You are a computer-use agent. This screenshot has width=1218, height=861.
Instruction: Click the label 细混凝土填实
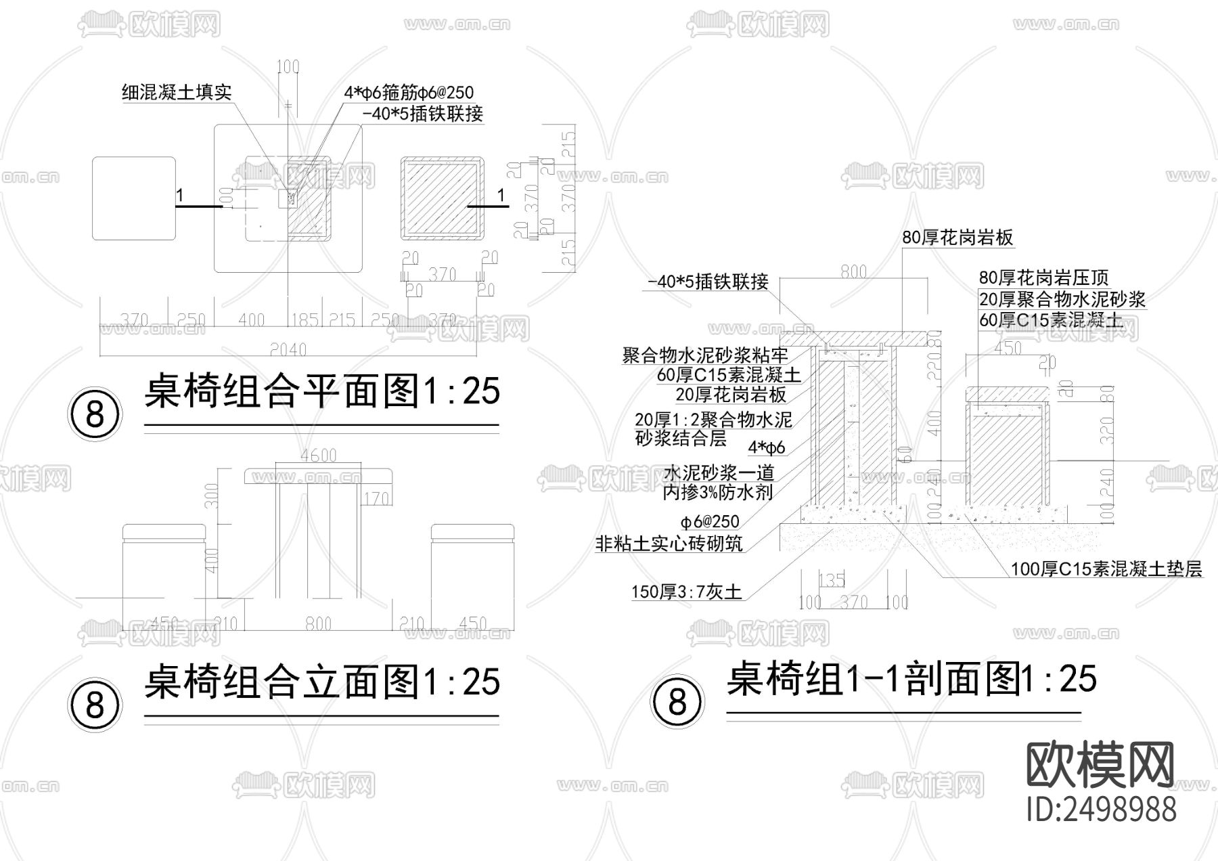click(177, 92)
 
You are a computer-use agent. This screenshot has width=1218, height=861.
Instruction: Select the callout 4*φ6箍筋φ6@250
click(408, 93)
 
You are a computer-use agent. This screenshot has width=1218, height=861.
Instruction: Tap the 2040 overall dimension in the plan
click(288, 349)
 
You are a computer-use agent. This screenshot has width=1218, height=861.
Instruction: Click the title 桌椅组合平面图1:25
click(322, 392)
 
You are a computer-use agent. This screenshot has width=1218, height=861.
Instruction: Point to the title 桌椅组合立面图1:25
click(322, 682)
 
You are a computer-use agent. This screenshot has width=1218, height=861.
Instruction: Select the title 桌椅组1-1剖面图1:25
click(911, 678)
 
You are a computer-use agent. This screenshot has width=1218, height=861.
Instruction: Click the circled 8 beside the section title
click(677, 702)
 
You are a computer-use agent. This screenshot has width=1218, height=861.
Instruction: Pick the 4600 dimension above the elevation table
click(319, 456)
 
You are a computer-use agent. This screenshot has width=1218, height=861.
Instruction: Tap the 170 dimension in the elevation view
click(376, 499)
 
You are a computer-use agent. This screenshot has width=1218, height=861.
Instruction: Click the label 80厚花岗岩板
click(957, 238)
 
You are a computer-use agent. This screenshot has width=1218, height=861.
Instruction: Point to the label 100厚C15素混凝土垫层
click(1106, 569)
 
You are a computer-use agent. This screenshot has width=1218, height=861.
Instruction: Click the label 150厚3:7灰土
click(686, 592)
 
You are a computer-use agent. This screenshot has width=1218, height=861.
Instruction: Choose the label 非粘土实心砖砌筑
click(669, 543)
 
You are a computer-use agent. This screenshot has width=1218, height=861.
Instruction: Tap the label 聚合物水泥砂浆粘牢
click(705, 355)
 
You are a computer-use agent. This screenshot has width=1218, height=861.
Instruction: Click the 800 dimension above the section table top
click(853, 271)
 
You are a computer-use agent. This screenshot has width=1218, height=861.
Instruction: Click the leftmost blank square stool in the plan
click(134, 198)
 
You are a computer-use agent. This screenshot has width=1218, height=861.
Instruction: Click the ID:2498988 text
click(1101, 809)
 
